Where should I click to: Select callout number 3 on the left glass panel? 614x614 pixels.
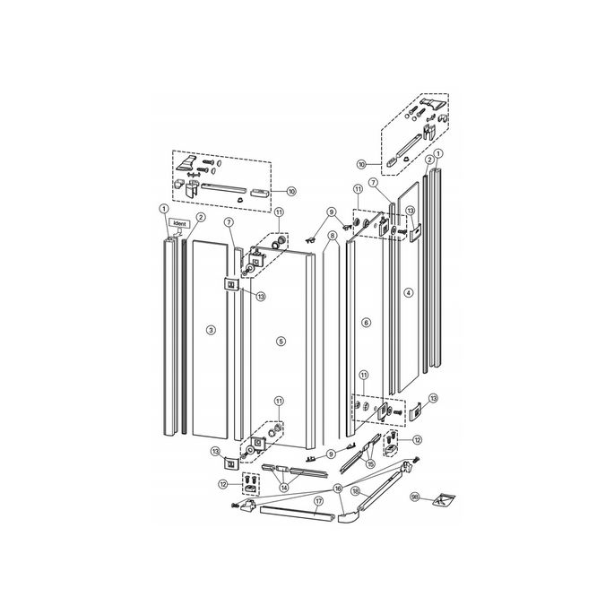click(210, 331)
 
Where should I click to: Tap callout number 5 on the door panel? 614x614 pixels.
click(281, 342)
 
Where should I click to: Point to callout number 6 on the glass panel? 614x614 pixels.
click(365, 322)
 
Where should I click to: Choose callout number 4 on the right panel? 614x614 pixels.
click(408, 292)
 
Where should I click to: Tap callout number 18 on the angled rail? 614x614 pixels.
click(356, 492)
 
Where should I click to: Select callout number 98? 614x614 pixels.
click(414, 496)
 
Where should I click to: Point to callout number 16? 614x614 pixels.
click(338, 488)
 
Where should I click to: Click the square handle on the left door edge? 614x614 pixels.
click(230, 285)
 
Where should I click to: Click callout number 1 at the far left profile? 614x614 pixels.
click(164, 210)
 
